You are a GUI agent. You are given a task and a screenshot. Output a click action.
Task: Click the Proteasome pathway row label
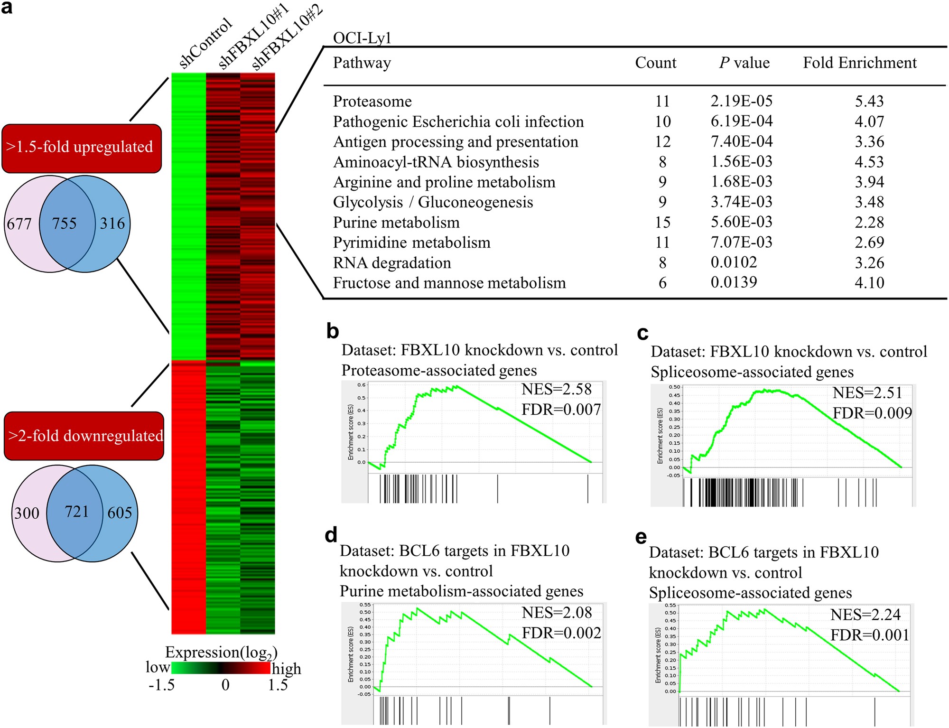(372, 101)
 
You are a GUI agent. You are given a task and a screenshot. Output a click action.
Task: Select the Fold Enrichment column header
(859, 63)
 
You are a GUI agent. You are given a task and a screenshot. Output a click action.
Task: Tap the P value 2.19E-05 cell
(741, 101)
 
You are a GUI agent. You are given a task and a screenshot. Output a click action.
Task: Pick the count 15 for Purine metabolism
(662, 222)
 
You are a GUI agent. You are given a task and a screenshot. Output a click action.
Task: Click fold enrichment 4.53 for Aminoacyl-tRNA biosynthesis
(869, 162)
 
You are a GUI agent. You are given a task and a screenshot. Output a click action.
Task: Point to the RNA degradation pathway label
(391, 262)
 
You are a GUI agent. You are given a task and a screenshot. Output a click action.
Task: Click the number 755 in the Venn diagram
(64, 223)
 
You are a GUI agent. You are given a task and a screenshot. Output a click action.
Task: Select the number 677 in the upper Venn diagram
(19, 224)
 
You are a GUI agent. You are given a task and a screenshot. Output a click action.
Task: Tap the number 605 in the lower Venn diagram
(120, 513)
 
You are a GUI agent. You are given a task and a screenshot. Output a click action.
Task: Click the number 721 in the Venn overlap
(76, 512)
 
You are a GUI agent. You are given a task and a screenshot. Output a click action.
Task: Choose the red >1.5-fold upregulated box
(82, 148)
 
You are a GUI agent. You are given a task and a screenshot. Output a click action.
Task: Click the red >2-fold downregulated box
(84, 436)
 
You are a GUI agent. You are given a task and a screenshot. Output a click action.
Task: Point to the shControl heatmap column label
(205, 44)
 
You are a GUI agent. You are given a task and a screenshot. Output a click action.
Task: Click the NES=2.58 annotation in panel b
(556, 389)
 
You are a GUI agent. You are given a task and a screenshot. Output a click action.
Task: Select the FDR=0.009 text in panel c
(872, 413)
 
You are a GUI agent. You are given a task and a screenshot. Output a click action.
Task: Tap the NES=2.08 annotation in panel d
(557, 613)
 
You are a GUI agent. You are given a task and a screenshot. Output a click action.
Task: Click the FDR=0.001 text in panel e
(869, 635)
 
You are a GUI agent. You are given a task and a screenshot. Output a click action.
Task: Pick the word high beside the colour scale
(286, 668)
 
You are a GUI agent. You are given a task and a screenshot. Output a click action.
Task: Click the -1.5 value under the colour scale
(161, 685)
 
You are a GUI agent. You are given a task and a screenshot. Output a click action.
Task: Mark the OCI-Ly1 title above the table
(362, 38)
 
